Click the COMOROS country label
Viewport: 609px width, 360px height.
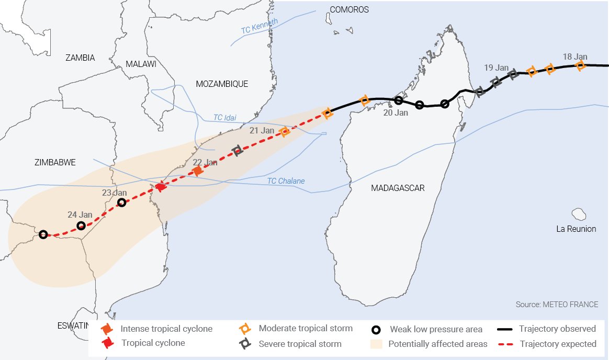coord(349,10)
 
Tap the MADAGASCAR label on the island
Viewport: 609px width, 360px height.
coord(397,188)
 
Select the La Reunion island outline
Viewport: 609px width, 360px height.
coord(579,214)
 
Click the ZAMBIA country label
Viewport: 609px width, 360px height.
coord(80,58)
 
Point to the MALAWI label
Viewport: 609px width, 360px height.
coord(141,64)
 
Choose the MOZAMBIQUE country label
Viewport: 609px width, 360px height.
coord(222,84)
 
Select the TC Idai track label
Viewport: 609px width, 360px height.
coord(225,117)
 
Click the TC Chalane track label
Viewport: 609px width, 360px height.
coord(286,181)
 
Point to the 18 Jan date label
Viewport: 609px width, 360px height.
coord(575,57)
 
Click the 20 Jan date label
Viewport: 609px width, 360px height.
coord(396,113)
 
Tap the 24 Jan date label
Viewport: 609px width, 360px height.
coord(80,215)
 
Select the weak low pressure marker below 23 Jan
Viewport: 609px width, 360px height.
coord(121,203)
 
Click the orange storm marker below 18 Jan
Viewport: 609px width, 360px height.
coord(580,65)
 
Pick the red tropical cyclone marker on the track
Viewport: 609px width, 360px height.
coord(161,187)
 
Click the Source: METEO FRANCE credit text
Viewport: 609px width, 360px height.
coord(557,305)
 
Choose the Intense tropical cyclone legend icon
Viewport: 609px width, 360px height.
coord(107,329)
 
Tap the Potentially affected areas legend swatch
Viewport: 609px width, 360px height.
coord(376,344)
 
